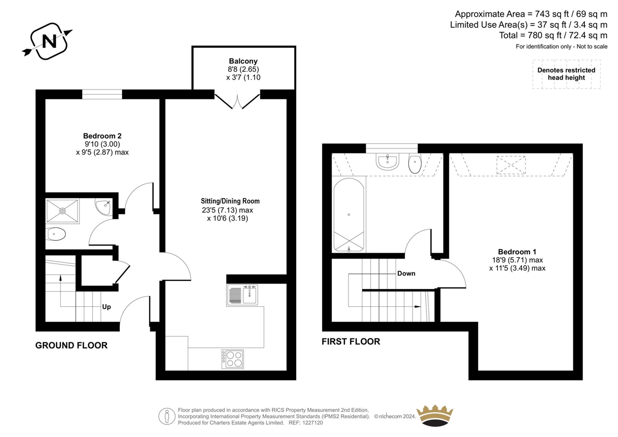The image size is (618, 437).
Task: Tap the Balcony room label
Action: coord(243,61)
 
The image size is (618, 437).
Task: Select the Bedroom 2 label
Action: coord(102,136)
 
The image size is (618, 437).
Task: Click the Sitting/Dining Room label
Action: coord(230,201)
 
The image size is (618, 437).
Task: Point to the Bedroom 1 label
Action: coord(517,252)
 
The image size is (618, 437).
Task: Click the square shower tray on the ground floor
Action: coord(62,211)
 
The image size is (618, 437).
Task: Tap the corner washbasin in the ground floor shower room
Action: coord(104,207)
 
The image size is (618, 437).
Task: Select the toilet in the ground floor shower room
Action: coord(56,234)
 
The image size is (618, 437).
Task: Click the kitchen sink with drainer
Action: coord(242,295)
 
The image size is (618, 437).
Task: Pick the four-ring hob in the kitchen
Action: coord(232,359)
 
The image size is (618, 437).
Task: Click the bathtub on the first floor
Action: coord(349,215)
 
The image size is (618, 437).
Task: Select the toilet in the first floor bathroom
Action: coord(415,163)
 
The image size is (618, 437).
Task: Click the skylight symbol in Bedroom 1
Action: coord(511,165)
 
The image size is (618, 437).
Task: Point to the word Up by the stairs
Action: coord(106,307)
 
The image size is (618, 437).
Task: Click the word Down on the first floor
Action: coord(406,274)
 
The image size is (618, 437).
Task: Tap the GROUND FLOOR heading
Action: coord(71,346)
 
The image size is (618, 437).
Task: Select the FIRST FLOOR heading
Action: coord(351,342)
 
